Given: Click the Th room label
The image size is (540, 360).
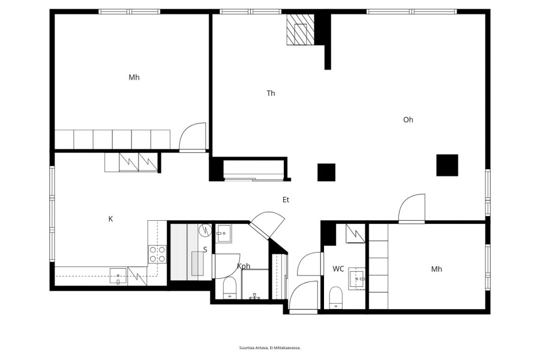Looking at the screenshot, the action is pyautogui.click(x=271, y=94).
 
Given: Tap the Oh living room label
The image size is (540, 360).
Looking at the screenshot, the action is pyautogui.click(x=408, y=120).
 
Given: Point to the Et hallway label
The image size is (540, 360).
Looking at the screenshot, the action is pyautogui.click(x=286, y=200).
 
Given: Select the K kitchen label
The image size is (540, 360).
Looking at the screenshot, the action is pyautogui.click(x=110, y=219).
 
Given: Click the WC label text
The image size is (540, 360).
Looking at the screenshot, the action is pyautogui.click(x=338, y=269).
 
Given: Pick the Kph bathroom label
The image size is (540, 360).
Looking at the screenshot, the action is pyautogui.click(x=244, y=266).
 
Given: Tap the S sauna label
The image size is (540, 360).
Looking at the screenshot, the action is pyautogui.click(x=205, y=250).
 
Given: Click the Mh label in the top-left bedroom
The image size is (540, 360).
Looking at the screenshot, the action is pyautogui.click(x=134, y=77).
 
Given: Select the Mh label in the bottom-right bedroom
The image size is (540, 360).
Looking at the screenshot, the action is pyautogui.click(x=436, y=269).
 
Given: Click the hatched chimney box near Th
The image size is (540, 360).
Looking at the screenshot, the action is pyautogui.click(x=301, y=29).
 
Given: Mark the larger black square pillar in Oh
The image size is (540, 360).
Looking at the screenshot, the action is pyautogui.click(x=447, y=165).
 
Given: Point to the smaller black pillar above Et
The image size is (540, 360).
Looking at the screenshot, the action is pyautogui.click(x=326, y=172).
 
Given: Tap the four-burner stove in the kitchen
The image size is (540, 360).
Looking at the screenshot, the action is pyautogui.click(x=157, y=254).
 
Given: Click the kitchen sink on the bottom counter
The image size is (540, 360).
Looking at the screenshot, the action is pyautogui.click(x=118, y=276).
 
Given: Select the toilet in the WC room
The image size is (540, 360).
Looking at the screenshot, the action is pyautogui.click(x=335, y=298).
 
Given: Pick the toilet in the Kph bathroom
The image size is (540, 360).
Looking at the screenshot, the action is pyautogui.click(x=229, y=288).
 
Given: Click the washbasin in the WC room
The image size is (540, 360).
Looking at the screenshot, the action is pyautogui.click(x=357, y=278).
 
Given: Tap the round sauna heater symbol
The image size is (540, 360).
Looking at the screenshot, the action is pyautogui.click(x=206, y=230).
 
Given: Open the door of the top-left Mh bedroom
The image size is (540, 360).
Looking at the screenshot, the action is pyautogui.click(x=193, y=137).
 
